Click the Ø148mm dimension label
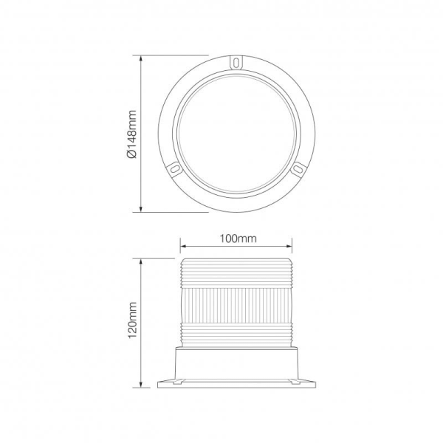[x=132, y=134]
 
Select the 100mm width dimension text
[x=237, y=238]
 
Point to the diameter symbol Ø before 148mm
[x=132, y=156]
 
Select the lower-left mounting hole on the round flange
[x=174, y=169]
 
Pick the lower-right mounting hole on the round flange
[x=298, y=169]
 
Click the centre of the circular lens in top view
[x=236, y=133]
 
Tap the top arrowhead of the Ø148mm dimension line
[x=142, y=58]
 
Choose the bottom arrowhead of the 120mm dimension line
[x=142, y=385]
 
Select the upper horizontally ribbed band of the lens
[x=236, y=273]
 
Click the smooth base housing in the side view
[x=236, y=364]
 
